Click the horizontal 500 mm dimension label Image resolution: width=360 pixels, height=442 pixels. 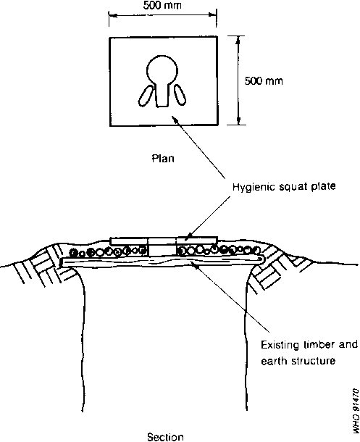pyautogui.click(x=162, y=5)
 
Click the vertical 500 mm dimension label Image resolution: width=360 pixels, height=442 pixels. pyautogui.click(x=264, y=81)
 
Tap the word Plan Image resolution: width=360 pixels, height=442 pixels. pyautogui.click(x=163, y=159)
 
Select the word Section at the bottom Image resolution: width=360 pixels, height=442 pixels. pyautogui.click(x=165, y=437)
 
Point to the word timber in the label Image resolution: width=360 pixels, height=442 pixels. pyautogui.click(x=319, y=344)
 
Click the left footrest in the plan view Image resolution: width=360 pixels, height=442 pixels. pyautogui.click(x=146, y=96)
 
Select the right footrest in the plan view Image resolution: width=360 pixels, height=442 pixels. pyautogui.click(x=180, y=95)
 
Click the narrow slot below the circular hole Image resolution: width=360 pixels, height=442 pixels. pyautogui.click(x=162, y=95)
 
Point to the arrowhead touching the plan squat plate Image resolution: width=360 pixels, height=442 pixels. pyautogui.click(x=175, y=120)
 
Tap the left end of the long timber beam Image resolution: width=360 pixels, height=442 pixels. pyautogui.click(x=62, y=262)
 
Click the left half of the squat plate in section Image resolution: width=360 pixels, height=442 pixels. pyautogui.click(x=129, y=241)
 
